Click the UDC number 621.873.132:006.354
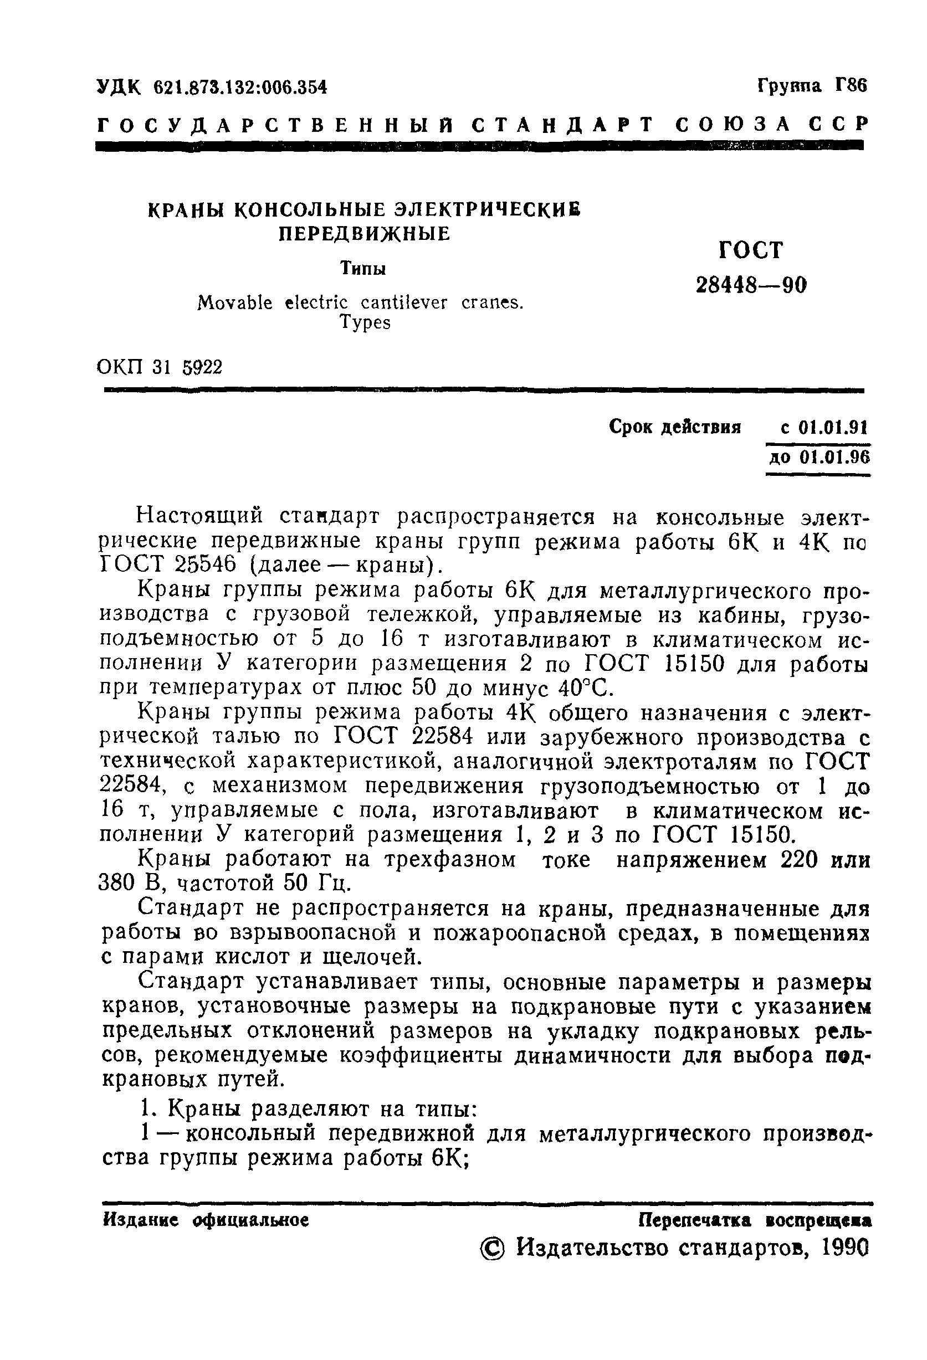[x=240, y=87]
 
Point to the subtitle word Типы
[x=363, y=269]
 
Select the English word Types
[x=365, y=323]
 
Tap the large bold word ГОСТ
[x=750, y=250]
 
